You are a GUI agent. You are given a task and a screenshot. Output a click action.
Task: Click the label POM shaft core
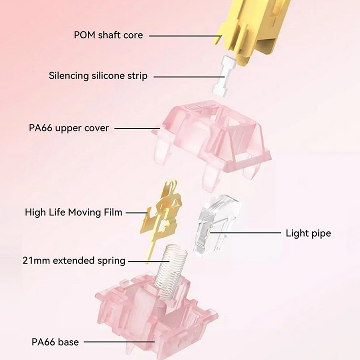[x=108, y=35]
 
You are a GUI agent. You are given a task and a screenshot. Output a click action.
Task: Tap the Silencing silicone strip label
[x=98, y=76]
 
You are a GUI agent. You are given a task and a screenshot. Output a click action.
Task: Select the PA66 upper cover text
[x=69, y=128]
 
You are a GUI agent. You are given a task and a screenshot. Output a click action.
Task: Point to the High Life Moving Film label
[x=73, y=212]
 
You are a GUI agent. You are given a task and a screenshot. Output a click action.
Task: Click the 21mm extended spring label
[x=74, y=260]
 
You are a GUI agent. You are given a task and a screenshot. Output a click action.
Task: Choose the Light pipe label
[x=308, y=234]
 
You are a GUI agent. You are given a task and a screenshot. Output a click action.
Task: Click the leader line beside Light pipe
[x=245, y=233]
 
